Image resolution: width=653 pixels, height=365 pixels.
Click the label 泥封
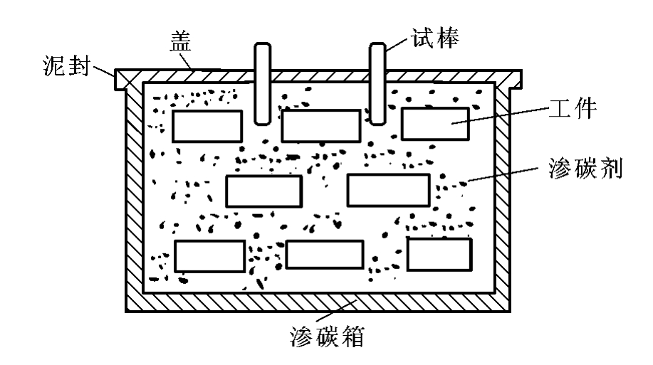coord(67,65)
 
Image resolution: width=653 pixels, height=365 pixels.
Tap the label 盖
coord(180,41)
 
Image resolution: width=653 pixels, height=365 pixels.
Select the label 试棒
coord(435,38)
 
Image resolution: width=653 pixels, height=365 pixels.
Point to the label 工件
coord(573,109)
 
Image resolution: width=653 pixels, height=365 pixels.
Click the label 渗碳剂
coord(585,168)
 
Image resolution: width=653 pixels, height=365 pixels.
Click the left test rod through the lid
coord(262,83)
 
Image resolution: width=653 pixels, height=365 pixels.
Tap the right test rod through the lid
coord(377,83)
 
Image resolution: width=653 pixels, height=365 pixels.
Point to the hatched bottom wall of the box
coord(318,302)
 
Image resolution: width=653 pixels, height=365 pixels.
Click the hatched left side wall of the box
coord(135,196)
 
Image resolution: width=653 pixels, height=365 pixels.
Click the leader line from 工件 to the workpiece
coord(500,115)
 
